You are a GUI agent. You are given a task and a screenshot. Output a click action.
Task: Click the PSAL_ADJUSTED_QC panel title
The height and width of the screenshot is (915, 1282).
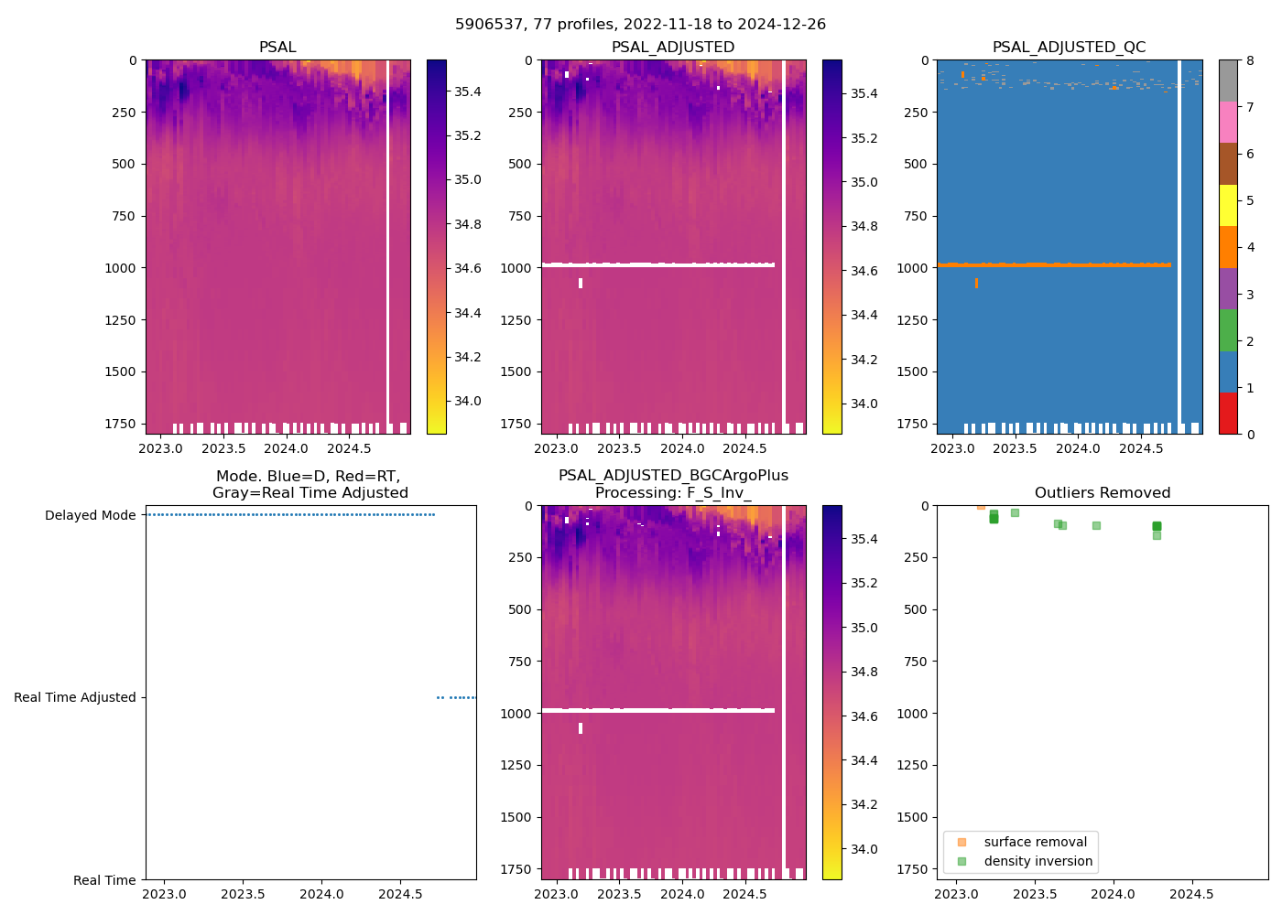pos(1069,48)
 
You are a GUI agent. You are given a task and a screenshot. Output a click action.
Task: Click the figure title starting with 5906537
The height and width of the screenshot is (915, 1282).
pos(640,25)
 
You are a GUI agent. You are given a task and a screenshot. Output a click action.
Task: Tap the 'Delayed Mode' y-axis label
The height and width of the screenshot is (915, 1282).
pos(90,515)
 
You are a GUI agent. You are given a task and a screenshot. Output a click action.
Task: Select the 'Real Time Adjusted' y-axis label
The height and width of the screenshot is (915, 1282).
pos(75,697)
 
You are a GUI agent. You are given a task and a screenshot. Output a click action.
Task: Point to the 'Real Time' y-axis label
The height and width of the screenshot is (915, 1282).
pos(104,880)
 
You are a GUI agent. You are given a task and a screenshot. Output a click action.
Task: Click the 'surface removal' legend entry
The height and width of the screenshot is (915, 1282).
pos(1035,842)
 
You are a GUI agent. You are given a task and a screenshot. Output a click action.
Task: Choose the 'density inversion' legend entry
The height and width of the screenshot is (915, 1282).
pos(1038,861)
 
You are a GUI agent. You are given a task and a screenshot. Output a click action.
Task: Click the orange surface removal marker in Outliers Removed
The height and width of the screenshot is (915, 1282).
pos(981,505)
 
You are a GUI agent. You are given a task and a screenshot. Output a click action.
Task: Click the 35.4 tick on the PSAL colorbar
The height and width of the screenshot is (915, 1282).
pos(468,91)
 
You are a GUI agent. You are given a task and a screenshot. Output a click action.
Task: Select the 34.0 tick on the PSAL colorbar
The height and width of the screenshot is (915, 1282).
pos(468,401)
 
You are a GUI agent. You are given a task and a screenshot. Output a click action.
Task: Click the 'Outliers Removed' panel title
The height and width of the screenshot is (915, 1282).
pos(1102,493)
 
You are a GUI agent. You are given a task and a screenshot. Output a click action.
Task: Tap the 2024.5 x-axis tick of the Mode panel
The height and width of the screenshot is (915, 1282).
pos(400,894)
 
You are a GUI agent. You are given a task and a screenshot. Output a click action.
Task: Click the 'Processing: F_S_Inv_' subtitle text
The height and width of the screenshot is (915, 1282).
pos(673,493)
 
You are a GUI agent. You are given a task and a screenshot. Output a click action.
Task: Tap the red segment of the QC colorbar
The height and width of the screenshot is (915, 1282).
pos(1228,413)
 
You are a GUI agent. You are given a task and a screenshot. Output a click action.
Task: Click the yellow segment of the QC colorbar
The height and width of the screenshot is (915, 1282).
pos(1228,205)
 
